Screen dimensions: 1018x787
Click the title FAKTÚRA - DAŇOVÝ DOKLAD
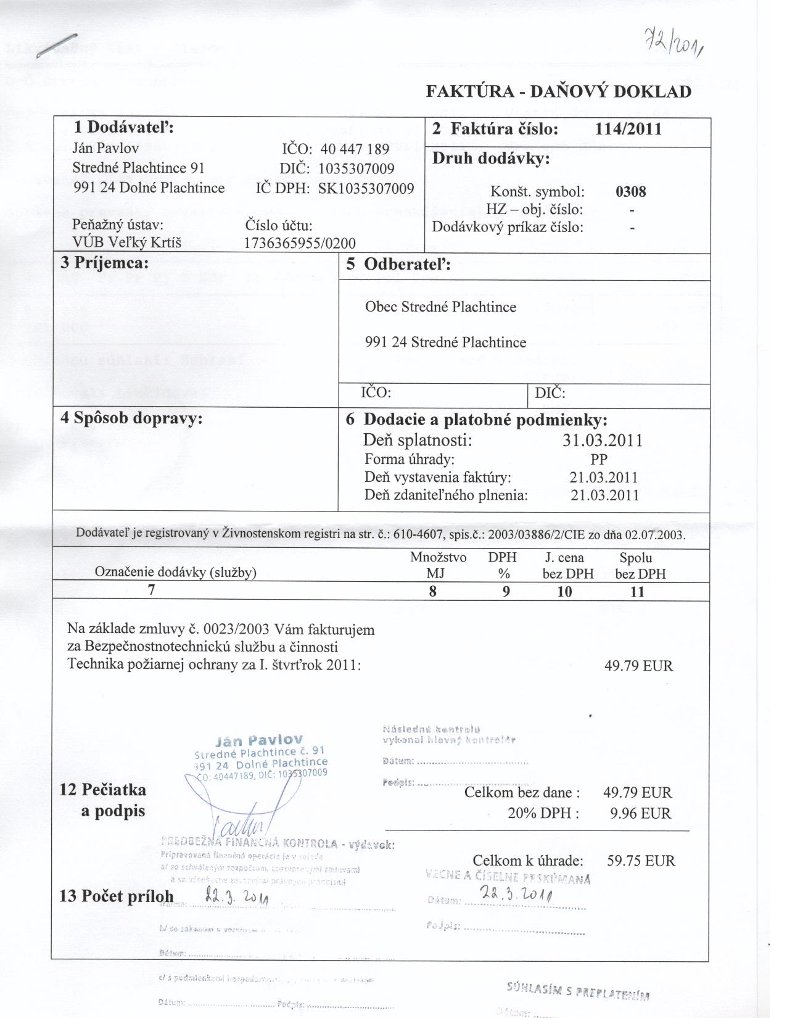[x=559, y=92]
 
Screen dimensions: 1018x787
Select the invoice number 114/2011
[x=628, y=129]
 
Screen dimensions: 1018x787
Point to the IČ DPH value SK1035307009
[x=366, y=188]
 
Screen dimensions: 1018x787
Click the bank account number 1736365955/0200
[x=300, y=243]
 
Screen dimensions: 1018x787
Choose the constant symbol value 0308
[x=630, y=191]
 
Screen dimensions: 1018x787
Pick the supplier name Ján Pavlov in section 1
[x=105, y=148]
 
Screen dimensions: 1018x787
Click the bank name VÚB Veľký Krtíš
[x=127, y=242]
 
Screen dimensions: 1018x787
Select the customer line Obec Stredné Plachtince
[x=440, y=307]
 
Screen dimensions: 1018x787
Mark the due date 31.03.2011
[x=603, y=441]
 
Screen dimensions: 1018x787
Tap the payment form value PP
[x=598, y=459]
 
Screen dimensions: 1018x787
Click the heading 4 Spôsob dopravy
[x=131, y=418]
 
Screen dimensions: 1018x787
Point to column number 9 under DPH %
[x=506, y=592]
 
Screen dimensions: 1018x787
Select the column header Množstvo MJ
[x=438, y=565]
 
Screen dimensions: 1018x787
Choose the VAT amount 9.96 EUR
[x=640, y=813]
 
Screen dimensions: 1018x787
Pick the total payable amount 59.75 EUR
[x=641, y=861]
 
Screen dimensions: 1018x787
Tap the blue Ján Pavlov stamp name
[x=259, y=740]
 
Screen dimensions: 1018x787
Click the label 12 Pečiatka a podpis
[x=103, y=800]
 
